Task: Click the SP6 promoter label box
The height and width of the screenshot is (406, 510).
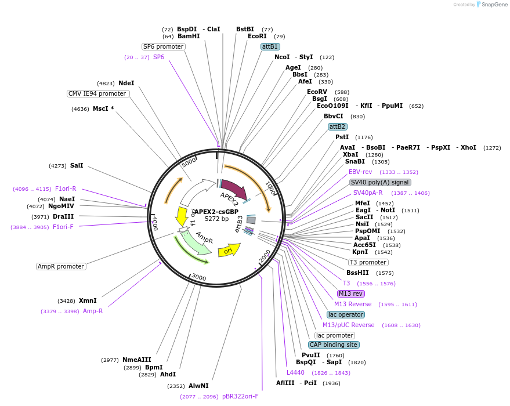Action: point(163,46)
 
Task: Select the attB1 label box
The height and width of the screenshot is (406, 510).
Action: point(270,46)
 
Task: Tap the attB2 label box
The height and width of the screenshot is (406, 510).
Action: point(337,126)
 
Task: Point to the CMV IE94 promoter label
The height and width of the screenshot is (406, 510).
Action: point(97,93)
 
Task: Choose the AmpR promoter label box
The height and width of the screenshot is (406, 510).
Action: point(61,266)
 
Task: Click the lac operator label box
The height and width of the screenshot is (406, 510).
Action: point(346,314)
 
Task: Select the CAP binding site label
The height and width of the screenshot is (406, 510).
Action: point(334,345)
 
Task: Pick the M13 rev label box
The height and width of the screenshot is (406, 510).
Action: point(351,293)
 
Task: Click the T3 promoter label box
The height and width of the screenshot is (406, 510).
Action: point(368,262)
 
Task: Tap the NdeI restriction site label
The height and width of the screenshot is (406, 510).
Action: point(126,83)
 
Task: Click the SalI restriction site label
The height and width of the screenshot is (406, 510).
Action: point(77,165)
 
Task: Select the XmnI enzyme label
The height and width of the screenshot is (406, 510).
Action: point(88,300)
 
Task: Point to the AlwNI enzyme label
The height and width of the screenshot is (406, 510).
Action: point(198,386)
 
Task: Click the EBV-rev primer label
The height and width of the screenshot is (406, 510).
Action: point(360,172)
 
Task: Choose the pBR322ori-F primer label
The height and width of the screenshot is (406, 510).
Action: point(240,396)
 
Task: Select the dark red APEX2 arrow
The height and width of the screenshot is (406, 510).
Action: point(233,190)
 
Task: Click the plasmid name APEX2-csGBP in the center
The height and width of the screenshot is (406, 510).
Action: point(216,212)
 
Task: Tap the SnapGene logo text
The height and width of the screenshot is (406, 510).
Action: point(493,5)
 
